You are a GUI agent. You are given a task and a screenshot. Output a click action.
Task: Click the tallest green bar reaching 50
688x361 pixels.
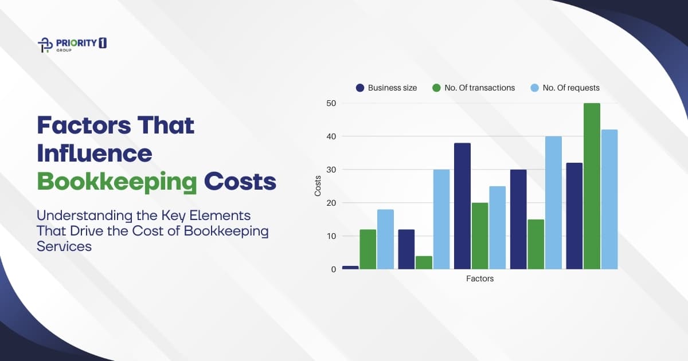click(592, 186)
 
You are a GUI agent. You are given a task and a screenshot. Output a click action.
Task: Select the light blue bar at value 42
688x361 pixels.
click(609, 199)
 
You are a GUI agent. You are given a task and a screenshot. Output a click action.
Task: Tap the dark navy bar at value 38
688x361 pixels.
click(462, 206)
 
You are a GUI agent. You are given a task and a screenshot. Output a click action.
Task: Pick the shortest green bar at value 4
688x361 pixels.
click(424, 262)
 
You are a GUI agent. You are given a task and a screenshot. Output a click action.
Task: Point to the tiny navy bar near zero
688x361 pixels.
click(350, 267)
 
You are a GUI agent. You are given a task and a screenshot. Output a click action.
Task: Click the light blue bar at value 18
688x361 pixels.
click(385, 240)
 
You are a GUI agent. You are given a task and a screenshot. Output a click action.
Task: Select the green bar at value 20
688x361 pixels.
click(480, 236)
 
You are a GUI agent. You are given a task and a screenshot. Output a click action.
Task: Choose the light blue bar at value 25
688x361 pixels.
click(498, 227)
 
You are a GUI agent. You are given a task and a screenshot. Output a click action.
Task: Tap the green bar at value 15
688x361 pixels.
click(536, 244)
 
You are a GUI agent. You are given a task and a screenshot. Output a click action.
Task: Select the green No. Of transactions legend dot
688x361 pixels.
click(436, 88)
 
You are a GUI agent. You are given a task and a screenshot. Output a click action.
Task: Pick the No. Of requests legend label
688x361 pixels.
click(571, 88)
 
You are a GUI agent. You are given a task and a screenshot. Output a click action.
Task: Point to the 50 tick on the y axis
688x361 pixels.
click(331, 103)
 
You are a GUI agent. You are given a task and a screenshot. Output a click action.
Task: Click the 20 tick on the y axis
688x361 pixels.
click(331, 203)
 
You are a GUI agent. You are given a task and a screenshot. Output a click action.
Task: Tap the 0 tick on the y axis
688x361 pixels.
click(333, 269)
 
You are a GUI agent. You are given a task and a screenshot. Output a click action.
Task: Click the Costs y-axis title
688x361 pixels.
click(318, 186)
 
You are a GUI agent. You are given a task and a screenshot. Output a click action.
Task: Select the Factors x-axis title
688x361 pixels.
click(479, 279)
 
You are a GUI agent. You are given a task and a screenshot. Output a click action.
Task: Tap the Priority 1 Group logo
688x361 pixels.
click(71, 45)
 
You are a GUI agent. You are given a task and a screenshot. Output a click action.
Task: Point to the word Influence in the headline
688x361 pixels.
click(95, 153)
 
